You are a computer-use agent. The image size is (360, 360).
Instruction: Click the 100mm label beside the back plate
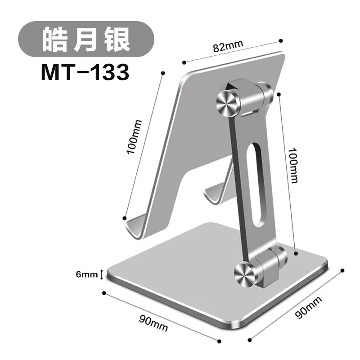pos(135,136)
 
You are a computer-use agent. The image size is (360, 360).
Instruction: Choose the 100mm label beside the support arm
pos(293,165)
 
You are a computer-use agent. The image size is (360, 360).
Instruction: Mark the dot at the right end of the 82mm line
pos(281,40)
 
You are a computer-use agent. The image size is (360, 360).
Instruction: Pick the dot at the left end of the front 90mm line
pos(104,293)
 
